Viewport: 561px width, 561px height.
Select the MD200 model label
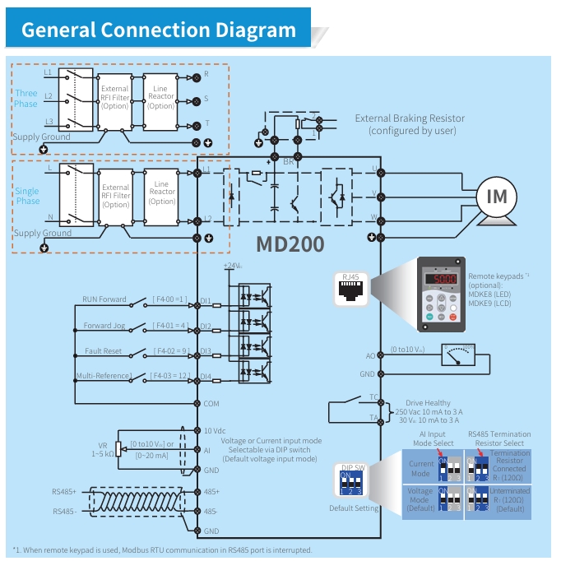[290, 244]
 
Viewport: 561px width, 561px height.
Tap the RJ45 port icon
[351, 288]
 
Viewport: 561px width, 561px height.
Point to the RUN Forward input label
[104, 299]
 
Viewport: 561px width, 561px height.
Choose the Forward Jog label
[104, 326]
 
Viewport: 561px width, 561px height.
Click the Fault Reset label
[103, 351]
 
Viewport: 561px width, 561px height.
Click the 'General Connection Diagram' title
[159, 30]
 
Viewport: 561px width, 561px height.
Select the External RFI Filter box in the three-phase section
[115, 97]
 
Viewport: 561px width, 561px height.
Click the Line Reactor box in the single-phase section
[162, 193]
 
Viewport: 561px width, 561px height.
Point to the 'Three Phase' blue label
[26, 99]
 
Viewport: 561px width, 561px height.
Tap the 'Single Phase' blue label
[27, 196]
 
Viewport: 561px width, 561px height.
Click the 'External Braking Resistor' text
[410, 118]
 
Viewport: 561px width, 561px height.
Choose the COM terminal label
[211, 403]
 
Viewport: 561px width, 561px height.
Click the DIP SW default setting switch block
[352, 485]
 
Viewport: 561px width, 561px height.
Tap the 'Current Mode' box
[421, 469]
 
